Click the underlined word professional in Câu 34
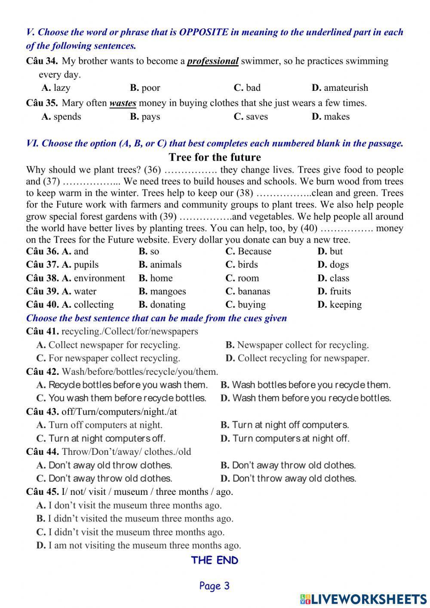coord(212,61)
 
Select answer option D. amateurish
coord(340,88)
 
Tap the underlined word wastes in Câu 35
coord(123,103)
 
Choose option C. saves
coord(251,117)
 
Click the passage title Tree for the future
coord(215,157)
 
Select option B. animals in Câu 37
coord(160,265)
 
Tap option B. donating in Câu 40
coord(162,305)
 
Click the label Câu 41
coord(42,331)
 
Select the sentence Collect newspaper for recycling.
coord(108,345)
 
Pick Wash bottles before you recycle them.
coord(306,385)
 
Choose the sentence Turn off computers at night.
coord(100,425)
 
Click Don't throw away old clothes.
coord(289,478)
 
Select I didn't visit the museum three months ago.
coord(131,532)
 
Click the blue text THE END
coord(215,560)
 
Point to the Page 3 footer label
coord(215,586)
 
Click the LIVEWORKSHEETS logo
coord(363,599)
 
